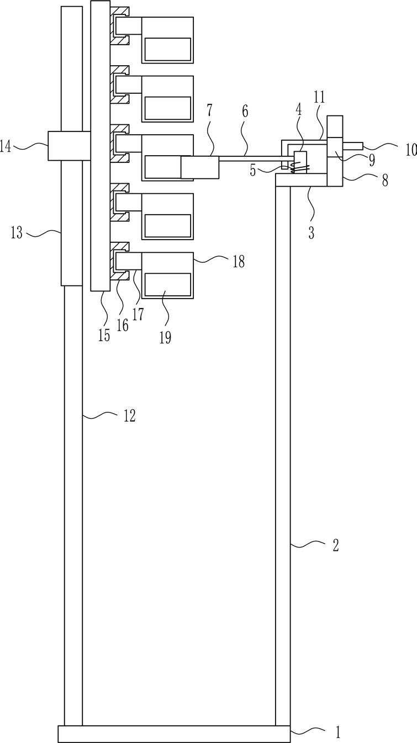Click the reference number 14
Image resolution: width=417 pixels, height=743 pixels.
click(x=6, y=146)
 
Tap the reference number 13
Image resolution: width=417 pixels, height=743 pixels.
click(x=17, y=233)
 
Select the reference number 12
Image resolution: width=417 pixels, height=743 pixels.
click(x=129, y=416)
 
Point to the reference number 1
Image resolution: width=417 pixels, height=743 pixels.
click(x=337, y=733)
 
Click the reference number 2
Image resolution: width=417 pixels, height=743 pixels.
click(x=335, y=546)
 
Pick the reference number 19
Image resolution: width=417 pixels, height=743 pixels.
click(x=165, y=337)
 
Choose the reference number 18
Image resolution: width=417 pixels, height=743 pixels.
click(x=238, y=261)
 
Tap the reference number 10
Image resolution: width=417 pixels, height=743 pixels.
click(x=409, y=148)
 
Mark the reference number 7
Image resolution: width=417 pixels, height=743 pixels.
click(x=209, y=110)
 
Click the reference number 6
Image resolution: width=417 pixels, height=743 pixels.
click(x=245, y=112)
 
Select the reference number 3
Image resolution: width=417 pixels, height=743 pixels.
click(x=311, y=233)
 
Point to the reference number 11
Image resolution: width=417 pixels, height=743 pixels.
click(x=319, y=98)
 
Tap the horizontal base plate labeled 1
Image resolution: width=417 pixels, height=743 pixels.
click(x=173, y=734)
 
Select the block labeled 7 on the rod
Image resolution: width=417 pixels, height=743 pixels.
click(x=200, y=167)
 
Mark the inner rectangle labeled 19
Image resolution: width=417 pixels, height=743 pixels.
click(x=167, y=284)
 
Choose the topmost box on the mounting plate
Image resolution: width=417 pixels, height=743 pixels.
click(x=167, y=39)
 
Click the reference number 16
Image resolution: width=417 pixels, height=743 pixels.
click(x=122, y=325)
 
